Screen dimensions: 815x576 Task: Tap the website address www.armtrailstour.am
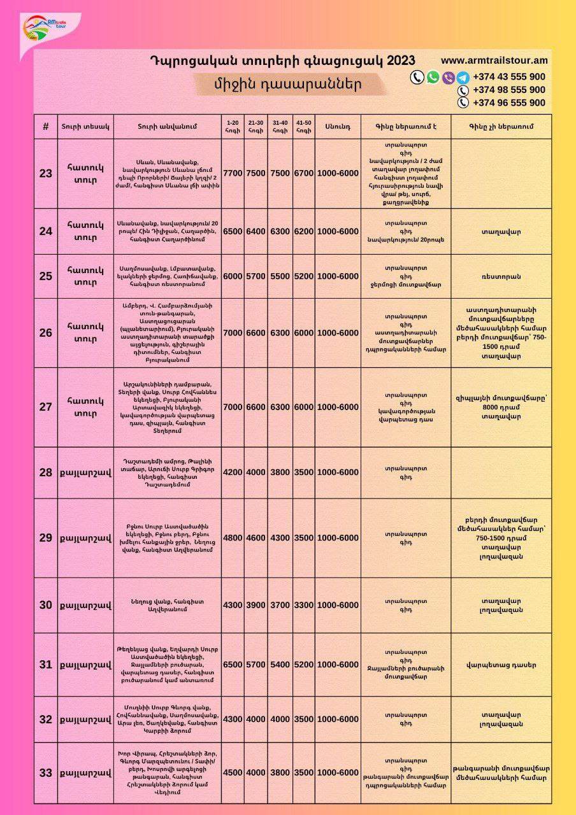pos(494,60)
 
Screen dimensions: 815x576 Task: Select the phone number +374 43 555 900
pos(508,77)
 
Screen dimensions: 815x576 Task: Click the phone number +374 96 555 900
pos(508,103)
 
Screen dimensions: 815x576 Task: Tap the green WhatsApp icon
pos(433,77)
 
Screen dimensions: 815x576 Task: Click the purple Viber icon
pos(448,78)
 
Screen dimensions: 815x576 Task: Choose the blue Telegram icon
pos(463,78)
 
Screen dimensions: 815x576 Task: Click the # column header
pos(46,127)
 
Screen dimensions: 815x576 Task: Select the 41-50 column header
pos(303,127)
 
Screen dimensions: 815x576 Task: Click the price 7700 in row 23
pos(233,173)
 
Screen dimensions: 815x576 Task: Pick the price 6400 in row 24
pos(256,231)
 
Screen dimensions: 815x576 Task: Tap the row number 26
pos(46,333)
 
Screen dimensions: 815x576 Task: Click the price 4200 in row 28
pos(233,472)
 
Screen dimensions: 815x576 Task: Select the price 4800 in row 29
pos(233,538)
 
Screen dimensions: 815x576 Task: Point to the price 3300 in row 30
pos(303,605)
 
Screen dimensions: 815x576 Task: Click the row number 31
pos(46,665)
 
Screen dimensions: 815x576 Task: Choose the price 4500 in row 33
pos(233,773)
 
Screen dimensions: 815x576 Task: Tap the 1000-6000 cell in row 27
pos(338,407)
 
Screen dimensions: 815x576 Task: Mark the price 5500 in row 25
pos(280,276)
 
